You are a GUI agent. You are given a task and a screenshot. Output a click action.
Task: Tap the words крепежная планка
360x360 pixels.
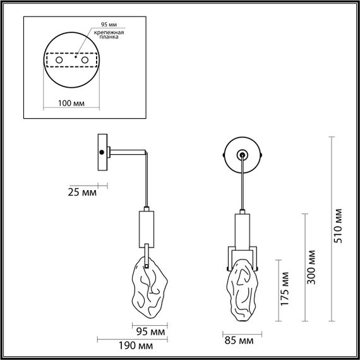pyautogui.click(x=108, y=34)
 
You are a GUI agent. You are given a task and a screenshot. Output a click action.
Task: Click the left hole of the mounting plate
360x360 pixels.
pyautogui.click(x=59, y=60)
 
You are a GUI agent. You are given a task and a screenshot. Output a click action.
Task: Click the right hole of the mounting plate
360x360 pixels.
pyautogui.click(x=83, y=60)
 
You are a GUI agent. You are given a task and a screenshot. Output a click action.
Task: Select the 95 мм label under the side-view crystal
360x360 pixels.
pyautogui.click(x=151, y=331)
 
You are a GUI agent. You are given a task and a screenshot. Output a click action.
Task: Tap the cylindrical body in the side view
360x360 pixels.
pyautogui.click(x=145, y=227)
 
